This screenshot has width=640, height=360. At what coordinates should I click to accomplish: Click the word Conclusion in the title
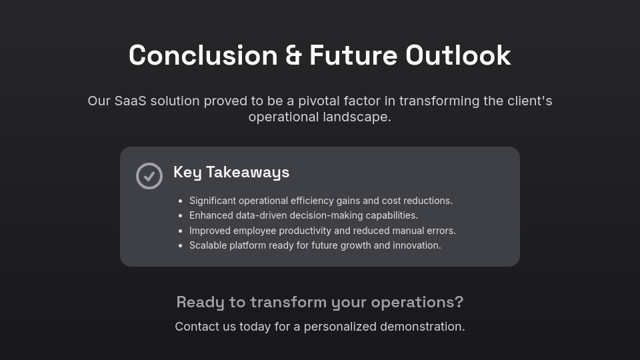point(203,55)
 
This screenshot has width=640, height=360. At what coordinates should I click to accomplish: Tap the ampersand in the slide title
point(293,55)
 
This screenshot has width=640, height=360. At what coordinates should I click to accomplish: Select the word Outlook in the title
point(458,55)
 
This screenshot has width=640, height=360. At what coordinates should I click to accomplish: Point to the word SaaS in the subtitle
point(130,101)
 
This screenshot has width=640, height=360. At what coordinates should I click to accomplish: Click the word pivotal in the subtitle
point(319,101)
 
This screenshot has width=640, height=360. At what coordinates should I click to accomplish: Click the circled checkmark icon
point(149,176)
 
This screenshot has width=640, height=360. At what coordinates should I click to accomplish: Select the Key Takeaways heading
point(231,172)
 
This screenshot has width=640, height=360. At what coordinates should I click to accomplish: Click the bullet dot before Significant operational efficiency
point(181,201)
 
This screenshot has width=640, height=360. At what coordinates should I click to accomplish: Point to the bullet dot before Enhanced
point(181,215)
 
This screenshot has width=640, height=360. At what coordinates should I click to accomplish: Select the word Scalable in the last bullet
point(208,245)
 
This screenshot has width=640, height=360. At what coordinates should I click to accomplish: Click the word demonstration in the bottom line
point(422,327)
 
